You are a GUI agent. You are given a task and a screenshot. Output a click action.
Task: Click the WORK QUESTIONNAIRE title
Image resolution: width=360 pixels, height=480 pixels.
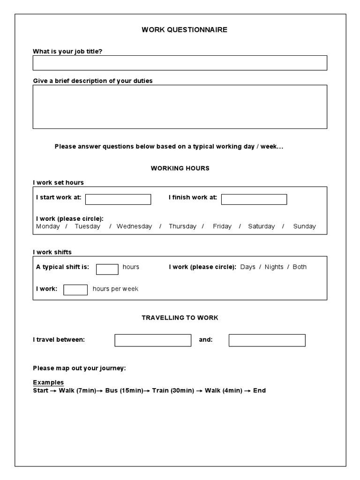(185, 30)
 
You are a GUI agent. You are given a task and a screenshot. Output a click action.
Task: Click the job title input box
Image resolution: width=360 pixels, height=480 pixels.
(180, 63)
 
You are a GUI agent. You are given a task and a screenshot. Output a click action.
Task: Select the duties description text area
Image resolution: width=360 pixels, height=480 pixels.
(180, 106)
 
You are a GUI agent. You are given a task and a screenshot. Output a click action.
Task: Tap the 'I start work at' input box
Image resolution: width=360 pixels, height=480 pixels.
(118, 199)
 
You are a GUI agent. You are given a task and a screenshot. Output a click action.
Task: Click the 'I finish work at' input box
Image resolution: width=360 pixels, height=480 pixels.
(254, 199)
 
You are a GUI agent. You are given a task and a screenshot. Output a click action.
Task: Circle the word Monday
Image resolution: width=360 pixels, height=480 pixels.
(48, 226)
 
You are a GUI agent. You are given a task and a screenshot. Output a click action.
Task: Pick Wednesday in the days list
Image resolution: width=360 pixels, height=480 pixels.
(134, 226)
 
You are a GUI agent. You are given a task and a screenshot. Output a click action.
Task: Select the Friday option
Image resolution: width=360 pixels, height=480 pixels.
(222, 226)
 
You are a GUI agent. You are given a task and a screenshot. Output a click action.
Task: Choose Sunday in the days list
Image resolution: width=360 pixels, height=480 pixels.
(304, 226)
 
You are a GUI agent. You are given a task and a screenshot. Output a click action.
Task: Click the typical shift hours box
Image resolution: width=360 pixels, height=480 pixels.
(107, 269)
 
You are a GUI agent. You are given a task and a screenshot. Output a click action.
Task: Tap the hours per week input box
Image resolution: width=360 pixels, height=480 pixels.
(75, 290)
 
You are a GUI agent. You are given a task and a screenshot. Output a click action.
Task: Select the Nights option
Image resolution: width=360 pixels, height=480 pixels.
(274, 267)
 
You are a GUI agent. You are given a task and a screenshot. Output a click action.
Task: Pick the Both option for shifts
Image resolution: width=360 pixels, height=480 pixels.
(300, 267)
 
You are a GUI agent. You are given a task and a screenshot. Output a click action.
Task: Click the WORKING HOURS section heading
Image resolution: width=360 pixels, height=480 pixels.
(180, 168)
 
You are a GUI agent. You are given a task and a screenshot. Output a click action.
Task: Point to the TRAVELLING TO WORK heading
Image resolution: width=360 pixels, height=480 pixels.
(180, 317)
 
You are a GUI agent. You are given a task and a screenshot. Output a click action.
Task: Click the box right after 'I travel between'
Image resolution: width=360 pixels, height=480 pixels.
(153, 340)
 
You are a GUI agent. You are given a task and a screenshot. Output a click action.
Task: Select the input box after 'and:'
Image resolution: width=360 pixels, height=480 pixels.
(267, 340)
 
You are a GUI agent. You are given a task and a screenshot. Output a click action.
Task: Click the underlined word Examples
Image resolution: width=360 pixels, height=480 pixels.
(48, 382)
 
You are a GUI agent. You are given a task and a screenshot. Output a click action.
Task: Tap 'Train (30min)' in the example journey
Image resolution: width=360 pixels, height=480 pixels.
(173, 390)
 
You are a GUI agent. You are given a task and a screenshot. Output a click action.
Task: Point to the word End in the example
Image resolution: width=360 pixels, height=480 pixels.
(259, 390)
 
